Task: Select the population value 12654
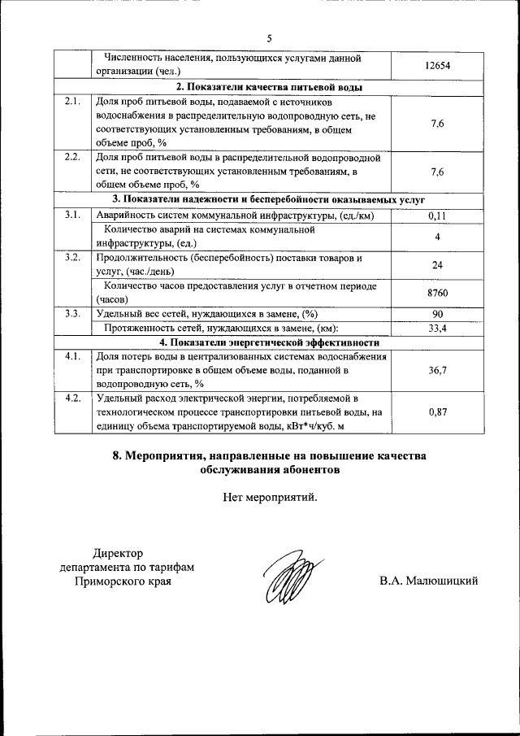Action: (x=436, y=65)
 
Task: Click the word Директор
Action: (x=118, y=553)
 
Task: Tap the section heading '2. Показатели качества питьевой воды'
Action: (x=269, y=87)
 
